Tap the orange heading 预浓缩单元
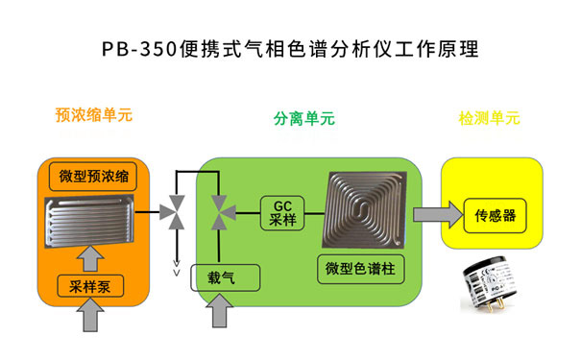(94, 115)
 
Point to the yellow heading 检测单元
(490, 119)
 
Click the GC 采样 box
(280, 212)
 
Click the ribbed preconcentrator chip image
(92, 222)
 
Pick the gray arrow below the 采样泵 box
(92, 318)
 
